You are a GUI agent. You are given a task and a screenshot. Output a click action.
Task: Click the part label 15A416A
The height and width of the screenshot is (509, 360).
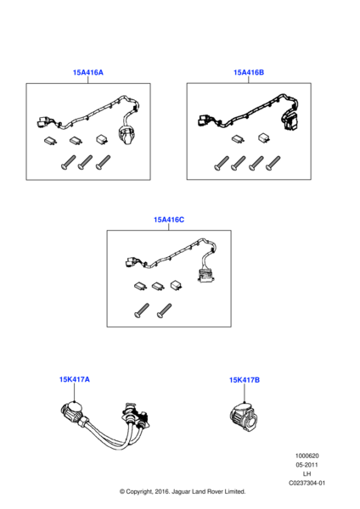pos(87,72)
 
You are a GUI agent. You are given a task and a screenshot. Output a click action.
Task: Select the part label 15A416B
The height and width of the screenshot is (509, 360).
pos(249,72)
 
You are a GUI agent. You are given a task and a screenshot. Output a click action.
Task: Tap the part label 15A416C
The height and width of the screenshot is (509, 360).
pos(169,220)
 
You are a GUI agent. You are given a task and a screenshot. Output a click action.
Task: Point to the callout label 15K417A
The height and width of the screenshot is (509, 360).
pos(75,379)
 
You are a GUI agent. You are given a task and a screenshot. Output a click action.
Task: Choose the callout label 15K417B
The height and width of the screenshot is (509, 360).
pos(245,380)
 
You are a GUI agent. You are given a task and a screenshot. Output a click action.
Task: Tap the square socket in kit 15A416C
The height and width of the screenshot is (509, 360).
pos(205,275)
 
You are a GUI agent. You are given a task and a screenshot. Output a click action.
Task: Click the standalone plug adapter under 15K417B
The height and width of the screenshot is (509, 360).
pos(245,416)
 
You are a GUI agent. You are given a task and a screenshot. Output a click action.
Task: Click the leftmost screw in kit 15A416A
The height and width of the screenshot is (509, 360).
pos(68,162)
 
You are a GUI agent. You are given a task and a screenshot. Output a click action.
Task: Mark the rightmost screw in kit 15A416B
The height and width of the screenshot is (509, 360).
pos(273,163)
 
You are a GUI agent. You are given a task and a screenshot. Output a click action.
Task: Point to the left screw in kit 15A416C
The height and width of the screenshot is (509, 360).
pos(141,310)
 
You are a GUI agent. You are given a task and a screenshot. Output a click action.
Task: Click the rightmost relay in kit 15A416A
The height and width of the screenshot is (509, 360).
pos(103,140)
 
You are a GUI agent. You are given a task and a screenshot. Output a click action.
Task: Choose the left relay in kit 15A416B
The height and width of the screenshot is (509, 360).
pos(238,139)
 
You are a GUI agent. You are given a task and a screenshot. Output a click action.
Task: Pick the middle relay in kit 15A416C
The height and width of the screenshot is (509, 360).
pos(158,286)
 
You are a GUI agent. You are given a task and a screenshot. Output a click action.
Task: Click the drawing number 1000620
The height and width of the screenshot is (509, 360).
pos(307,456)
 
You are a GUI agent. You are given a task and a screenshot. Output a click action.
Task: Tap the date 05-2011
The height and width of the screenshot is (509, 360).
pos(307,465)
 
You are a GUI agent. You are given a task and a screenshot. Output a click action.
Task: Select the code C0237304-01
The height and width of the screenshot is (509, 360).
pos(307,483)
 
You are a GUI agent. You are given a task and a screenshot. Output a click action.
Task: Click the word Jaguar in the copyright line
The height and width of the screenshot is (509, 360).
pos(181,491)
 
